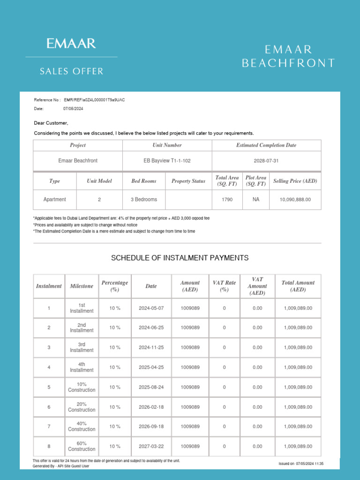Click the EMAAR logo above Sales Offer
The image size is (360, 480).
point(71,44)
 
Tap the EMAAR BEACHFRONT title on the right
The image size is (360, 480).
point(288,56)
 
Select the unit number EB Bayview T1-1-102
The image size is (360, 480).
point(167,160)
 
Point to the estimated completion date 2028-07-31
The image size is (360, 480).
point(266,160)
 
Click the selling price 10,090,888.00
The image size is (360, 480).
point(295,199)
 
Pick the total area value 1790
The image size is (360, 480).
point(227,199)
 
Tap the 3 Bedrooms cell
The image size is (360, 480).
point(143,199)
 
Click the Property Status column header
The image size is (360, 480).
point(188,181)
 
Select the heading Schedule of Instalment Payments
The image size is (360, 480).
point(180,258)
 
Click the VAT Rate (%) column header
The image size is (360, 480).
point(224,286)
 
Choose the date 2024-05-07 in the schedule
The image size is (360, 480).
point(151,308)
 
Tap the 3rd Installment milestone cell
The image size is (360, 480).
point(82,347)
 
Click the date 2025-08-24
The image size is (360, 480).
point(151,387)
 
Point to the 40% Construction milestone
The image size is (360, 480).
point(82,426)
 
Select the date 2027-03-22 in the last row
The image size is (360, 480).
point(151,446)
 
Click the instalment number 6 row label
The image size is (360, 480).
point(49,407)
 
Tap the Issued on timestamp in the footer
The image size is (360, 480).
point(301,464)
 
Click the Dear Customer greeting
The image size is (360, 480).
point(51,123)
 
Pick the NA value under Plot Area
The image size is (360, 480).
point(256,199)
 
